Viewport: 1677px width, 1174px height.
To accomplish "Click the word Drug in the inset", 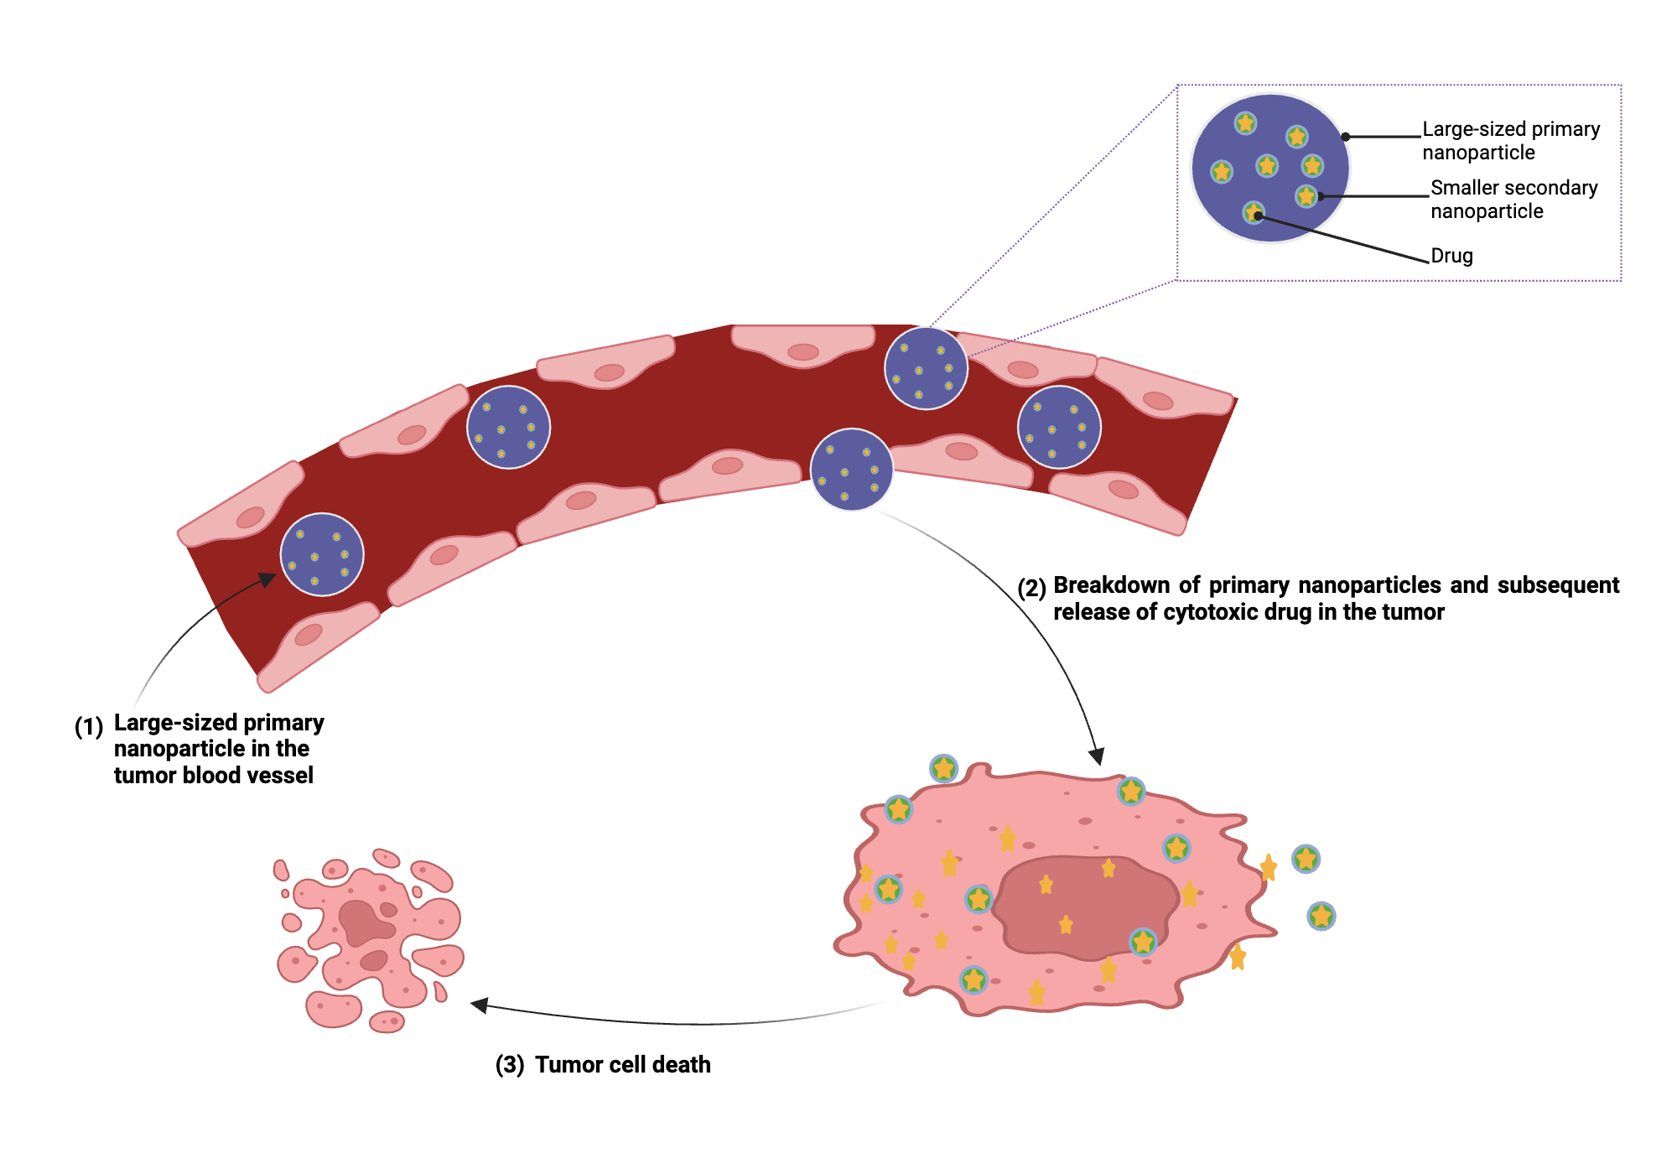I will [x=1451, y=256].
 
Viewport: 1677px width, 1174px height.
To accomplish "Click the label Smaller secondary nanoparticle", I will [x=1513, y=200].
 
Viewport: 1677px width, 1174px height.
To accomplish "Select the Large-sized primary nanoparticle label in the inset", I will [x=1510, y=141].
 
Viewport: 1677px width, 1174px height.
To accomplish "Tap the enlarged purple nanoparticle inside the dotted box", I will [x=1270, y=168].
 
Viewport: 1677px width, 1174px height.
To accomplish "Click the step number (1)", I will [x=89, y=726].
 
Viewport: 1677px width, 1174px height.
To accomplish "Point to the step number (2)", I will [x=1031, y=588].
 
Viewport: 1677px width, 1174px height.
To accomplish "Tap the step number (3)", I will [x=510, y=1065].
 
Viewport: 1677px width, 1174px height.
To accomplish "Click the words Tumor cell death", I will [x=622, y=1065].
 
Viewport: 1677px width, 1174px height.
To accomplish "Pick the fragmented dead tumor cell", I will [x=369, y=939].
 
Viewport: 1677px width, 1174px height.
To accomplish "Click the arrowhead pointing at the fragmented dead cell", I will [x=479, y=1005].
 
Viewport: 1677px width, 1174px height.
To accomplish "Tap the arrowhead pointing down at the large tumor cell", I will [x=1096, y=756].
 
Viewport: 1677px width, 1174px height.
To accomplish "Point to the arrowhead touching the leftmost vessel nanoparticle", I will [x=267, y=579].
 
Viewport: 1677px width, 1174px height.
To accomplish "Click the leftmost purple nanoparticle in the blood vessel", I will [x=322, y=554].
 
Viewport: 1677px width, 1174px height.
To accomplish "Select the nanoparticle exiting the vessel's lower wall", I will [x=851, y=470].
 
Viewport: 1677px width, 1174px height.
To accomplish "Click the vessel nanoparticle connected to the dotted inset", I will [x=926, y=368].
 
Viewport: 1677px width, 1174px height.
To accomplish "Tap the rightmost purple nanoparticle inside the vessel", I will [x=1059, y=427].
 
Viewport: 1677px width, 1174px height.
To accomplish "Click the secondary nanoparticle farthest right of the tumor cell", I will [x=1321, y=916].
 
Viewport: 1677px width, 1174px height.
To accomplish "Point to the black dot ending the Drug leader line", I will [x=1258, y=216].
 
